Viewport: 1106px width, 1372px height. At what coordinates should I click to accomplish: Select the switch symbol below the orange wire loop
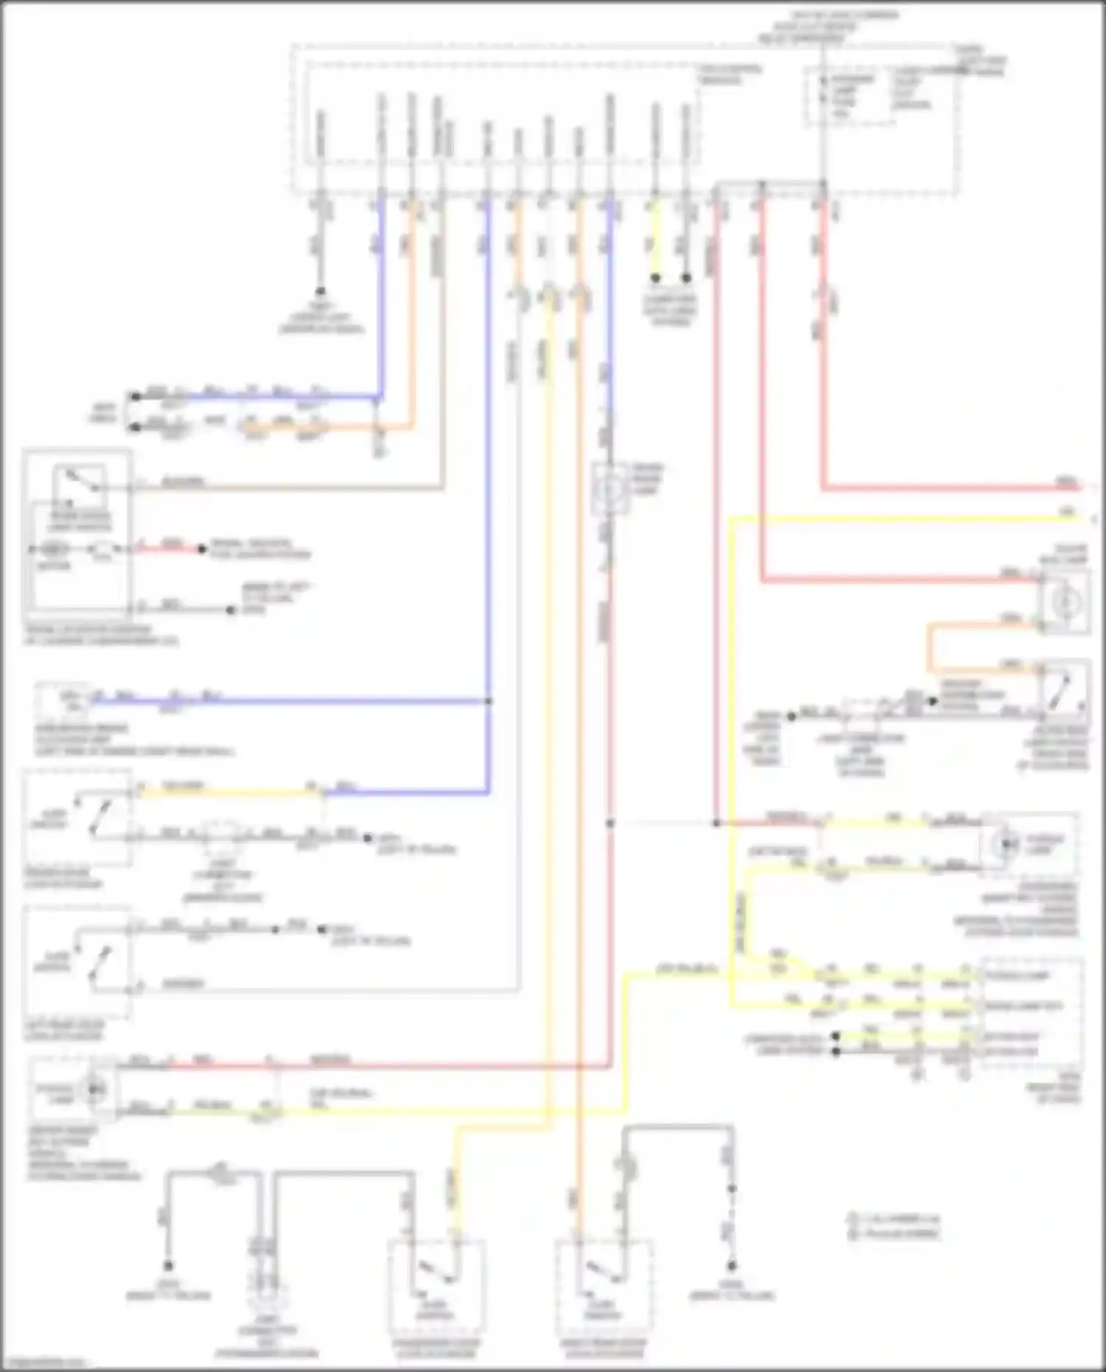coord(1063,687)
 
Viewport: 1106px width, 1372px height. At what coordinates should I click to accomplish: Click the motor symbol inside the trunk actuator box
coord(53,549)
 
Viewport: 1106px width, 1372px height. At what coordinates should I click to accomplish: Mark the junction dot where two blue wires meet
coord(488,701)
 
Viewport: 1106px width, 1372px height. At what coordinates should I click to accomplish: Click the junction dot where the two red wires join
coord(716,823)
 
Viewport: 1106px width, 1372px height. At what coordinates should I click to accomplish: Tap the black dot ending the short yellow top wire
coord(655,278)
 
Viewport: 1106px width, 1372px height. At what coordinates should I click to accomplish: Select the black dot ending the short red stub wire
coord(201,549)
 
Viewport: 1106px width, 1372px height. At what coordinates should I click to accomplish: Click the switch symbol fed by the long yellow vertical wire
coord(437,1270)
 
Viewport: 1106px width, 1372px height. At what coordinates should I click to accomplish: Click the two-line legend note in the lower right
coord(893,1226)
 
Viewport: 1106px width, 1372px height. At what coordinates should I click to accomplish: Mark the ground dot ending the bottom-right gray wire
coord(731,1266)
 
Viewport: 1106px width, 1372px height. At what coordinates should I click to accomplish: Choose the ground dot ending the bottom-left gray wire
coord(168,1266)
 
